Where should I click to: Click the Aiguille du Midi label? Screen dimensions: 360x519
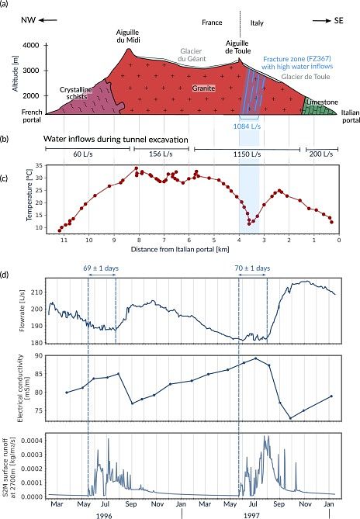pos(128,36)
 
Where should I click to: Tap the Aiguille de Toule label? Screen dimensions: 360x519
pos(238,47)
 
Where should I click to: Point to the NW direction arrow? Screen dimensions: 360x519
pos(48,20)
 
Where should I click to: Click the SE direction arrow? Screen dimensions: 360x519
pos(322,20)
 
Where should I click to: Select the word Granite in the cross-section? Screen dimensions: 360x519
pos(203,88)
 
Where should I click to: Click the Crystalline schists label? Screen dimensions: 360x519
pos(76,93)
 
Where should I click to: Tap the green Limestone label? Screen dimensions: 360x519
pos(322,102)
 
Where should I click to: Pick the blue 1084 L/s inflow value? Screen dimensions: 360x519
pos(247,126)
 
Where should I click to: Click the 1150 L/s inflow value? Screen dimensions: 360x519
pos(247,154)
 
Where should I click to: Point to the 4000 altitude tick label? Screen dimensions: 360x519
pos(31,45)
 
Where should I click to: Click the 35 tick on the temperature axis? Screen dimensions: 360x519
pos(40,165)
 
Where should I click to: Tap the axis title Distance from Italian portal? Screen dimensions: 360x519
pos(180,249)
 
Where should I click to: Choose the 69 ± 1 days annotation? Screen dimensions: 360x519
pos(101,268)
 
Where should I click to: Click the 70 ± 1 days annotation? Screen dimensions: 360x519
pos(252,268)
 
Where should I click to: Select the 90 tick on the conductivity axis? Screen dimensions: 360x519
pos(40,355)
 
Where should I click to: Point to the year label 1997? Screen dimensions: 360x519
pos(251,515)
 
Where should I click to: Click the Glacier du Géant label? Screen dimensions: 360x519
pos(192,55)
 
